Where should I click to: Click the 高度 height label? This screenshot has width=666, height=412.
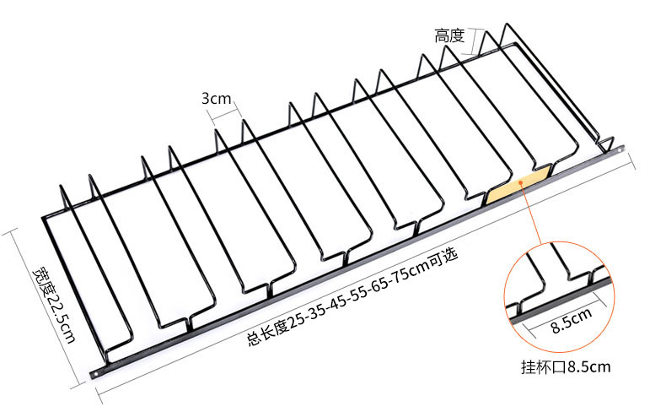449,35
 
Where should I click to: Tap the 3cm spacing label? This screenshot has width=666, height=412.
216,98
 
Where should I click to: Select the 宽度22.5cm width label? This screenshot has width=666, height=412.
55,305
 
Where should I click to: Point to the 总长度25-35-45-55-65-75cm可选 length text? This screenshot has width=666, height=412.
352,297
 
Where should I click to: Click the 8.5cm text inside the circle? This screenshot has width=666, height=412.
572,320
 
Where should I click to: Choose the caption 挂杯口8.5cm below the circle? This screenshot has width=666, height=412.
566,366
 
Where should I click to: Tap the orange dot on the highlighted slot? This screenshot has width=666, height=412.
521,182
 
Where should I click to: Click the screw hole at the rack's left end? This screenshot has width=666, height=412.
95,374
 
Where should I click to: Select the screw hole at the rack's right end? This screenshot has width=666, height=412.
620,149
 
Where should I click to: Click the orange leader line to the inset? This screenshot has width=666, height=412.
531,214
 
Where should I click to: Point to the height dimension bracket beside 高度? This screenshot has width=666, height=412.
474,41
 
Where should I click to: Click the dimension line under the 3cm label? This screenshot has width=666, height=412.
224,113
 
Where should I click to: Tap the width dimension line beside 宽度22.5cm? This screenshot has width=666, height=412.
43,308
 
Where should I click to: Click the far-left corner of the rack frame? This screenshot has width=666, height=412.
43,218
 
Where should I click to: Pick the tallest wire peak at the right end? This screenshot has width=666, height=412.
507,24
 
